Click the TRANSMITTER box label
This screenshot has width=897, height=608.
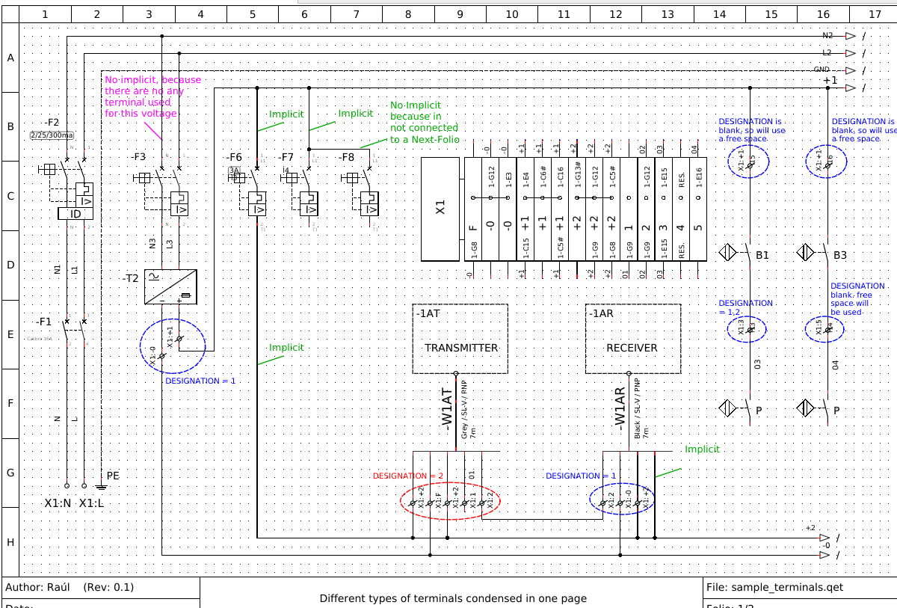[x=460, y=348]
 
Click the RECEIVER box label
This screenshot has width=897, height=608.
[x=632, y=348]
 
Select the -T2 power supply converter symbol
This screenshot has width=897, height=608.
[x=170, y=286]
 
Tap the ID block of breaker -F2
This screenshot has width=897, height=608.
[x=75, y=214]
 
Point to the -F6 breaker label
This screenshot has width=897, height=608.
[x=235, y=157]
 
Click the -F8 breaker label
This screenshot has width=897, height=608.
[x=346, y=157]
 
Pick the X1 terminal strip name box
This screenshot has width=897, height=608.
[x=440, y=206]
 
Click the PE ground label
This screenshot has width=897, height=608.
[x=113, y=476]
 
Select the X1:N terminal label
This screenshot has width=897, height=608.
[x=58, y=503]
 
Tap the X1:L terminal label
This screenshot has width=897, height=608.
[x=92, y=503]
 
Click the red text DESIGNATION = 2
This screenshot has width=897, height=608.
[x=408, y=476]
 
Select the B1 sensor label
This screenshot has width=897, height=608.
[x=762, y=256]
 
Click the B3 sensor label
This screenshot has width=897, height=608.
[x=840, y=256]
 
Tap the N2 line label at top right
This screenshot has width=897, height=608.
[x=827, y=35]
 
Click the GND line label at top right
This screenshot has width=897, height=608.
[x=822, y=70]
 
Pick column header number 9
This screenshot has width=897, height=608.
[x=460, y=13]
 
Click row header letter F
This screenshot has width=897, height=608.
[x=10, y=403]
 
